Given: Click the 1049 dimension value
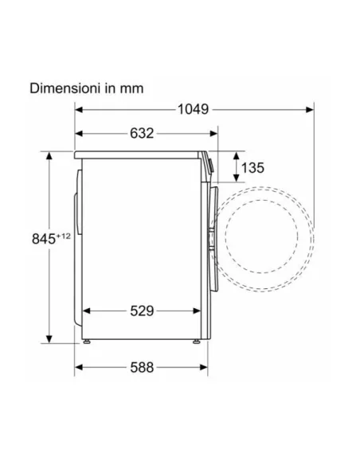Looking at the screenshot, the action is pyautogui.click(x=193, y=109).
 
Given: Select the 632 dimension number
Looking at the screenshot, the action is pyautogui.click(x=142, y=134).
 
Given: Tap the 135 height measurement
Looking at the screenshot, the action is pyautogui.click(x=252, y=168).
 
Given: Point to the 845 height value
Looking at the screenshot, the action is pyautogui.click(x=44, y=239).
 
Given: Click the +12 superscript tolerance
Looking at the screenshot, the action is pyautogui.click(x=63, y=236).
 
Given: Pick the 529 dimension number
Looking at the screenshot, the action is pyautogui.click(x=142, y=311).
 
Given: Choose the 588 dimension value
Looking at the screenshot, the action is pyautogui.click(x=142, y=367).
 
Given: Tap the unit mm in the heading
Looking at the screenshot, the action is pyautogui.click(x=131, y=89).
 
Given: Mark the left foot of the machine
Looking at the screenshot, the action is pyautogui.click(x=87, y=342).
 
